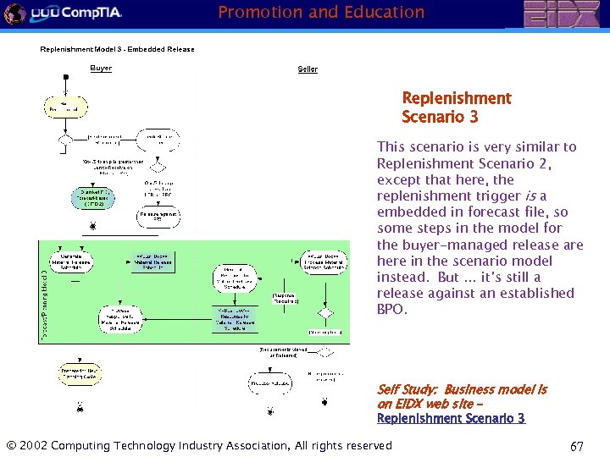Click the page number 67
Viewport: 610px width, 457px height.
coord(576,446)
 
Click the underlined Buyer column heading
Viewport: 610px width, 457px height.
coord(101,69)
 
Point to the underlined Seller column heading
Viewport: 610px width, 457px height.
coord(308,69)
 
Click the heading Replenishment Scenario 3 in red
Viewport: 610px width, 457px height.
coord(456,107)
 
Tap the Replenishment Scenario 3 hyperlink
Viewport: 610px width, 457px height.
coord(451,418)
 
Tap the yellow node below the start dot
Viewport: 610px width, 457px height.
coord(65,106)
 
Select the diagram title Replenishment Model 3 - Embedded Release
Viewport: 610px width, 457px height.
coord(117,49)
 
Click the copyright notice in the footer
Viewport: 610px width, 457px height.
coord(199,445)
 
